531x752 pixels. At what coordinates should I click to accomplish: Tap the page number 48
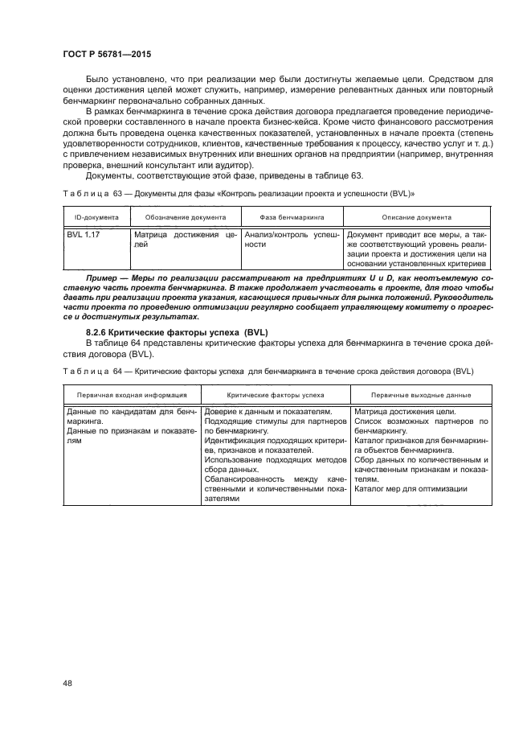67,684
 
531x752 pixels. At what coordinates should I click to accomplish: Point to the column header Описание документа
417,217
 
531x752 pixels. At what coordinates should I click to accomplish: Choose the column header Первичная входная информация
132,395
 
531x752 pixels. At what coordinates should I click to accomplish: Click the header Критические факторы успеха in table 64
276,395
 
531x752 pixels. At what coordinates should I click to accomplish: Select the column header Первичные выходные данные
420,395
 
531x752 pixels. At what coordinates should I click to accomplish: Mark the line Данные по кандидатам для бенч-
131,411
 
